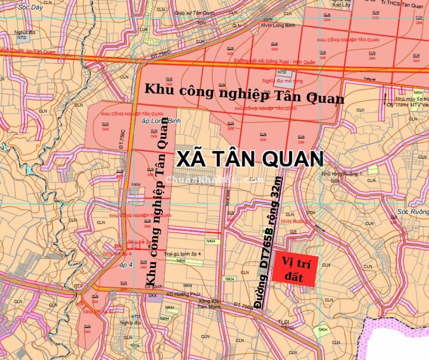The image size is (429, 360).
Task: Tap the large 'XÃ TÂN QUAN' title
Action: pos(250,159)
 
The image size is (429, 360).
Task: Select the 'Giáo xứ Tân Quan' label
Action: pos(194,13)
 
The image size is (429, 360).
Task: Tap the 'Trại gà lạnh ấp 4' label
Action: pos(182,254)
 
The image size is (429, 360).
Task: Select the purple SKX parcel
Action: pos(152,296)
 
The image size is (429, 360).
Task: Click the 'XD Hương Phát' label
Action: pos(177,294)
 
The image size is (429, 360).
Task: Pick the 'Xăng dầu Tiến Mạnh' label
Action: pos(209,304)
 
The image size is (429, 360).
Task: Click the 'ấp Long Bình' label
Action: pos(155,121)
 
